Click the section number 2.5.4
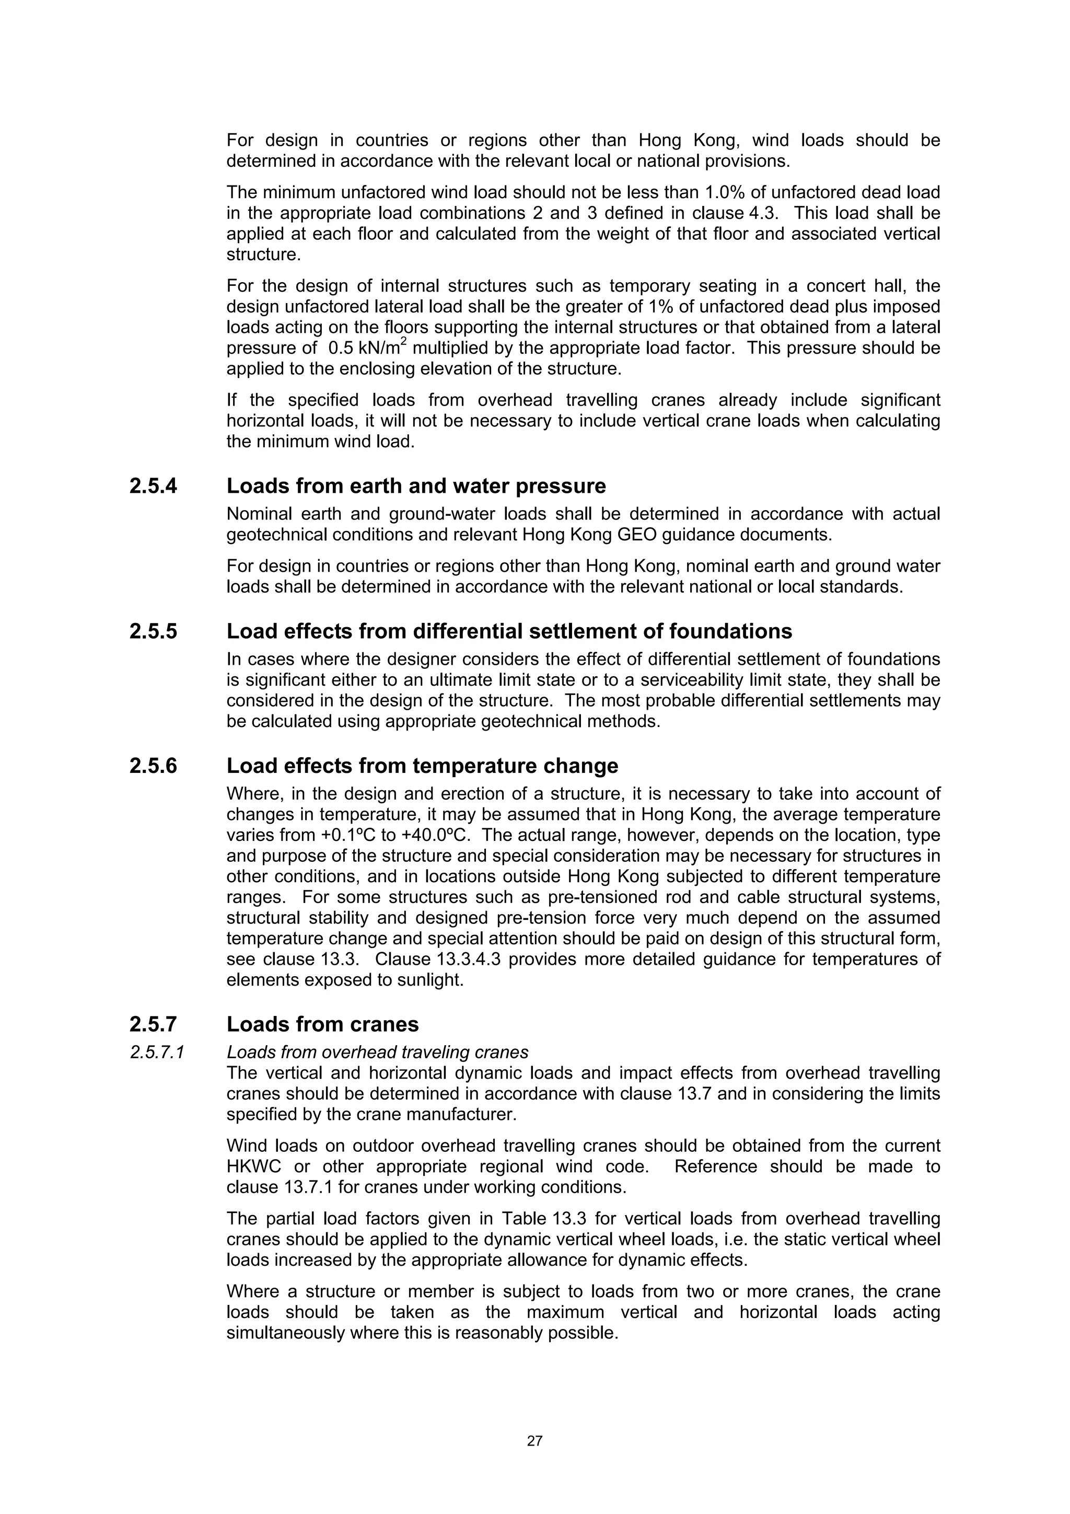click(153, 486)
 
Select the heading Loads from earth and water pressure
click(416, 486)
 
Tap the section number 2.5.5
click(153, 631)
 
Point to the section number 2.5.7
click(153, 1024)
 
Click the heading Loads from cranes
click(322, 1024)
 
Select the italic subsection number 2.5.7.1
click(156, 1053)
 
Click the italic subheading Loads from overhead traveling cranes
click(377, 1053)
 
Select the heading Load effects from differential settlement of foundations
click(509, 631)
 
